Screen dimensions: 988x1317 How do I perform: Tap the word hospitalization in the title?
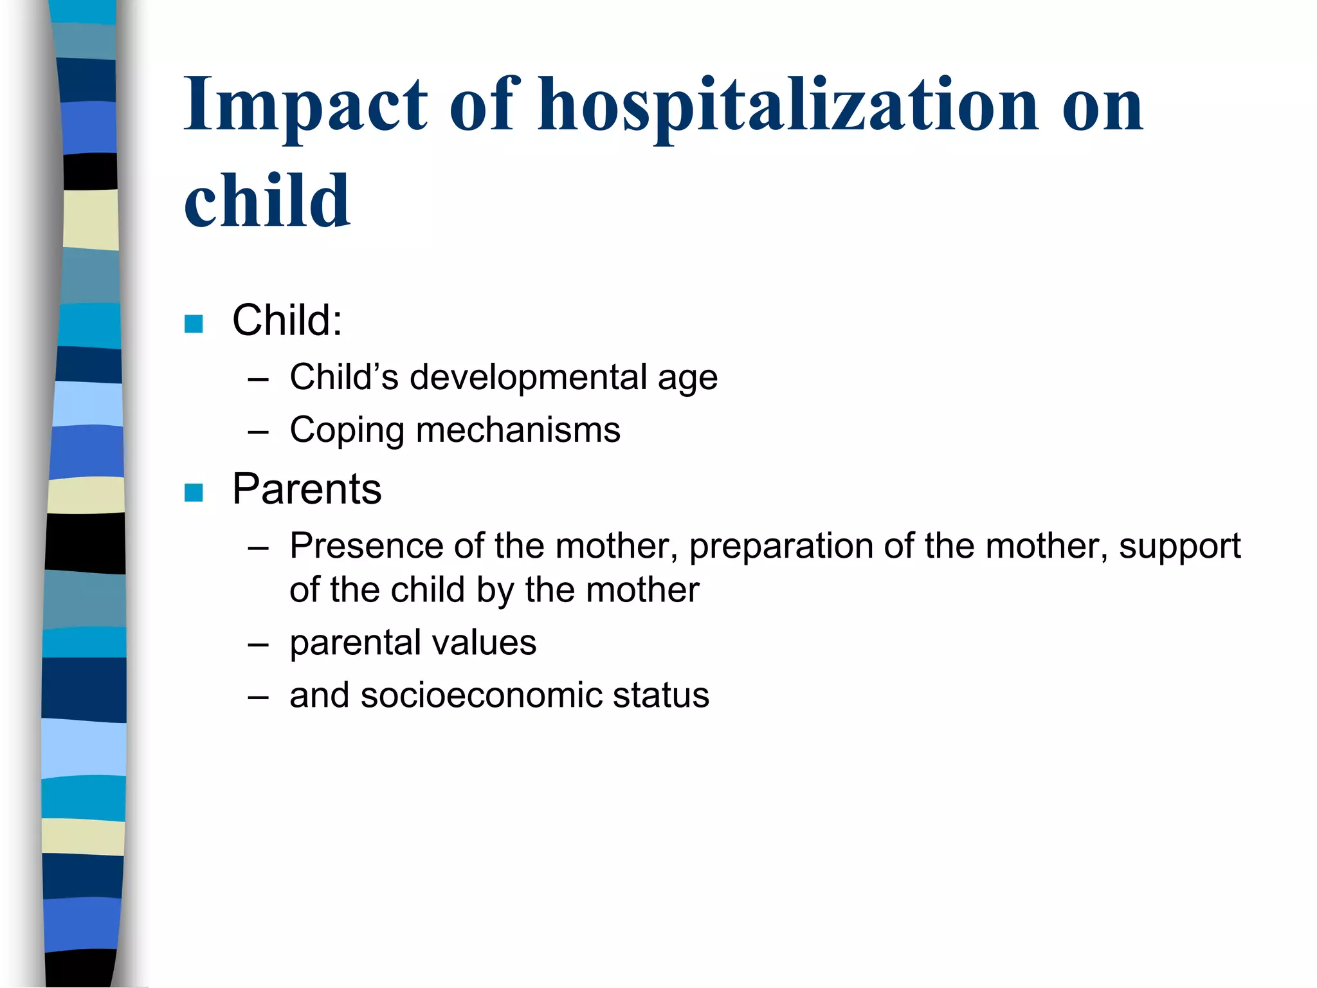(788, 106)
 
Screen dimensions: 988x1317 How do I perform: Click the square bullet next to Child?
(194, 324)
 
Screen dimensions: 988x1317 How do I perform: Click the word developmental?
(527, 377)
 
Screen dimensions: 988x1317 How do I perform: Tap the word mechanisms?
(518, 430)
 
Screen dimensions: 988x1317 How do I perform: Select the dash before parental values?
(258, 645)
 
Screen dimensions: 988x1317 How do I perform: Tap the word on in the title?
(1102, 106)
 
